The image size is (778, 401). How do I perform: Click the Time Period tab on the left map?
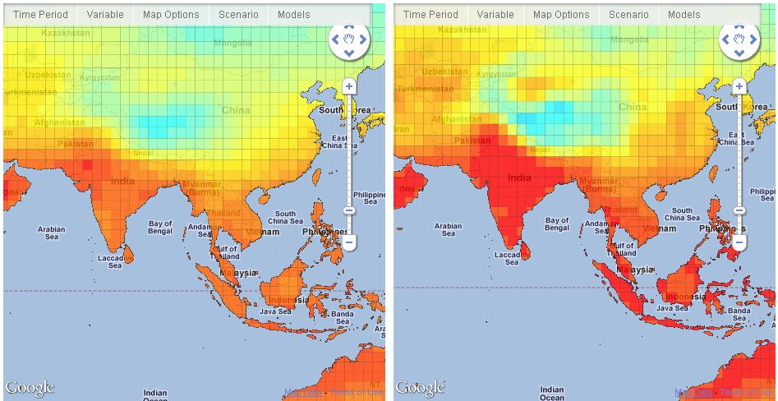point(40,15)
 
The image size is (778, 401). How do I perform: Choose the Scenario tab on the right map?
point(628,15)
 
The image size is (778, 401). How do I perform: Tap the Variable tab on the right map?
point(495,15)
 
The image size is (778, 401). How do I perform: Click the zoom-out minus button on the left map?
point(348,242)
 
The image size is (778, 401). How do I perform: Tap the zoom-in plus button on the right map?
point(739,85)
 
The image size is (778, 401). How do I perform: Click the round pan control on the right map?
point(739,39)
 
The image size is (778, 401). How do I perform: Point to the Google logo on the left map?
point(30,388)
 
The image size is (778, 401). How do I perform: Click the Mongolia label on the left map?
point(233,43)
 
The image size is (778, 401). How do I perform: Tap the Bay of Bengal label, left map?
point(160,228)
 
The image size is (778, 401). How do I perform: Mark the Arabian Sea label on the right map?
point(448,231)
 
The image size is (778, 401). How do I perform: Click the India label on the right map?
point(520,177)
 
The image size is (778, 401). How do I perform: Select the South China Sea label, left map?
point(285,218)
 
